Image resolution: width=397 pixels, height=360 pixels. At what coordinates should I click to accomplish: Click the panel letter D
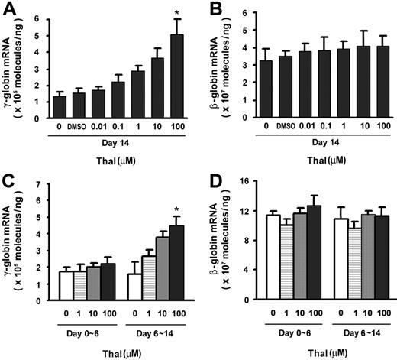click(x=211, y=188)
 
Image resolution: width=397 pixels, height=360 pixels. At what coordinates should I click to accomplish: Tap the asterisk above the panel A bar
click(x=177, y=14)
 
